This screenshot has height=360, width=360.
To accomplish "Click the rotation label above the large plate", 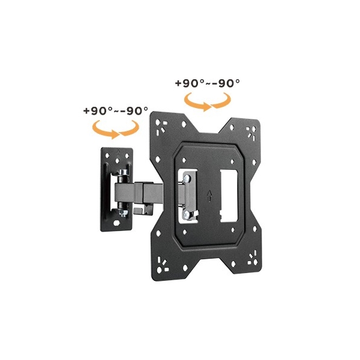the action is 207,83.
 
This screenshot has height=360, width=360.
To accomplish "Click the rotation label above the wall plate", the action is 115,111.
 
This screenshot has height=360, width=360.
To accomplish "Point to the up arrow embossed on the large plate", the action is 209,196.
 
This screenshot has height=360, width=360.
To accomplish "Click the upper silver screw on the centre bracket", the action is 187,178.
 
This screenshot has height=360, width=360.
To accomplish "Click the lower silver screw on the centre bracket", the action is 187,215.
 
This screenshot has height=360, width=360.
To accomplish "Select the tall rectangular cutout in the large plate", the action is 229,196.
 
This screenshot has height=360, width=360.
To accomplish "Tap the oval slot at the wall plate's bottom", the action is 116,223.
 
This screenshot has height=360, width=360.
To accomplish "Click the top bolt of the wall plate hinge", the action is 123,172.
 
